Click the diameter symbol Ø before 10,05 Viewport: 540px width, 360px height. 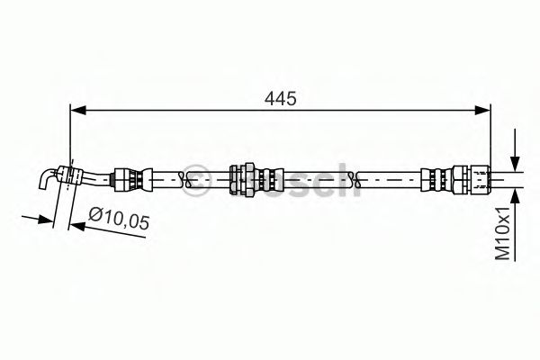[x=96, y=215]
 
